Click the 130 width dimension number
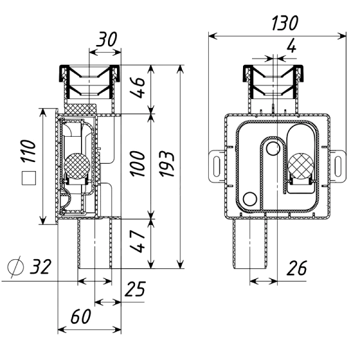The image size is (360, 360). tap(284, 23)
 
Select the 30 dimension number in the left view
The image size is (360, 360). tap(106, 39)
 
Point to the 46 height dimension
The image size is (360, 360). tap(137, 88)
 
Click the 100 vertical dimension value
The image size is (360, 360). tap(137, 163)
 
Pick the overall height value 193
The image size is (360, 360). tap(167, 163)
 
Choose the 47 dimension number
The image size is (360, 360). tap(137, 241)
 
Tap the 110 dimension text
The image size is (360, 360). tap(28, 151)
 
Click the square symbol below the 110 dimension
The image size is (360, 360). tap(29, 178)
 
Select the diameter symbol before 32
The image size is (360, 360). tap(16, 267)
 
